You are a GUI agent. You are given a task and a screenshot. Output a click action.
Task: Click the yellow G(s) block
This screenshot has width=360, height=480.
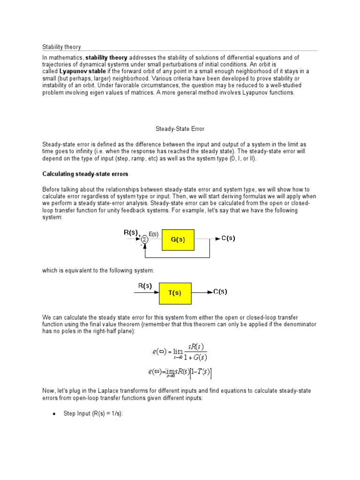(178, 239)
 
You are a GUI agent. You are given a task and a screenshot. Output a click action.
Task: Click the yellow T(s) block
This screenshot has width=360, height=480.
(175, 293)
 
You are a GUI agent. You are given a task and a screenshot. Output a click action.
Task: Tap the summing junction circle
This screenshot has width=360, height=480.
(145, 240)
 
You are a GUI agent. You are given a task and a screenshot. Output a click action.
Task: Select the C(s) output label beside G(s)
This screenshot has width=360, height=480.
(228, 238)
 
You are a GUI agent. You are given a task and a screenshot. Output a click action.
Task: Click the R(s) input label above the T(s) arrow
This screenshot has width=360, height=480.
(144, 285)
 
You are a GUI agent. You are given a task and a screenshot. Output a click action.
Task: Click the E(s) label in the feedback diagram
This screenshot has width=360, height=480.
(154, 233)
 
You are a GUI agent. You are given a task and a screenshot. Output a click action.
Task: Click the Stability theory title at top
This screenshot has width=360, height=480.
(61, 47)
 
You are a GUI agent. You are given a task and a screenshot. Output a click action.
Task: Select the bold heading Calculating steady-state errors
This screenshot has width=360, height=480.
(85, 174)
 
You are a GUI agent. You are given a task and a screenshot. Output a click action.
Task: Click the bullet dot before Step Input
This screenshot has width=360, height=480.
(54, 414)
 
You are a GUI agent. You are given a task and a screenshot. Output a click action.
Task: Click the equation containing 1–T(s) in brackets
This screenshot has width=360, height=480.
(180, 372)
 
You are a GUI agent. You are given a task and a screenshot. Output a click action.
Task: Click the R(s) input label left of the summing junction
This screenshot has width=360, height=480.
(131, 232)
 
